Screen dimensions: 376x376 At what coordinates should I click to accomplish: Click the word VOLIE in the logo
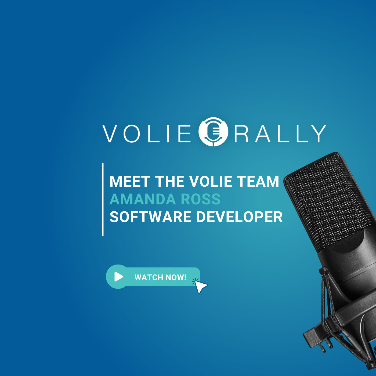147,133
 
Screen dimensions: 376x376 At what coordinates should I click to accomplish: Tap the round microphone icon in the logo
214,132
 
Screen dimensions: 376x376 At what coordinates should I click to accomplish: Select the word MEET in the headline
130,182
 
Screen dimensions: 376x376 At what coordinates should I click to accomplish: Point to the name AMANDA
142,199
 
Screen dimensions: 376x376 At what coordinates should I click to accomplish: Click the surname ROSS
200,199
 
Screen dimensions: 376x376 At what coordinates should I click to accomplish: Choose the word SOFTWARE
151,217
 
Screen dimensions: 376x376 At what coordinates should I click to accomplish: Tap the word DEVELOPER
240,217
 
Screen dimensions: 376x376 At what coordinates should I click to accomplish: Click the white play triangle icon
118,277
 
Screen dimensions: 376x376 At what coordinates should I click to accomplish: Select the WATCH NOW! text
160,277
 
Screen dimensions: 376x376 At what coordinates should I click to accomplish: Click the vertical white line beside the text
103,199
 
